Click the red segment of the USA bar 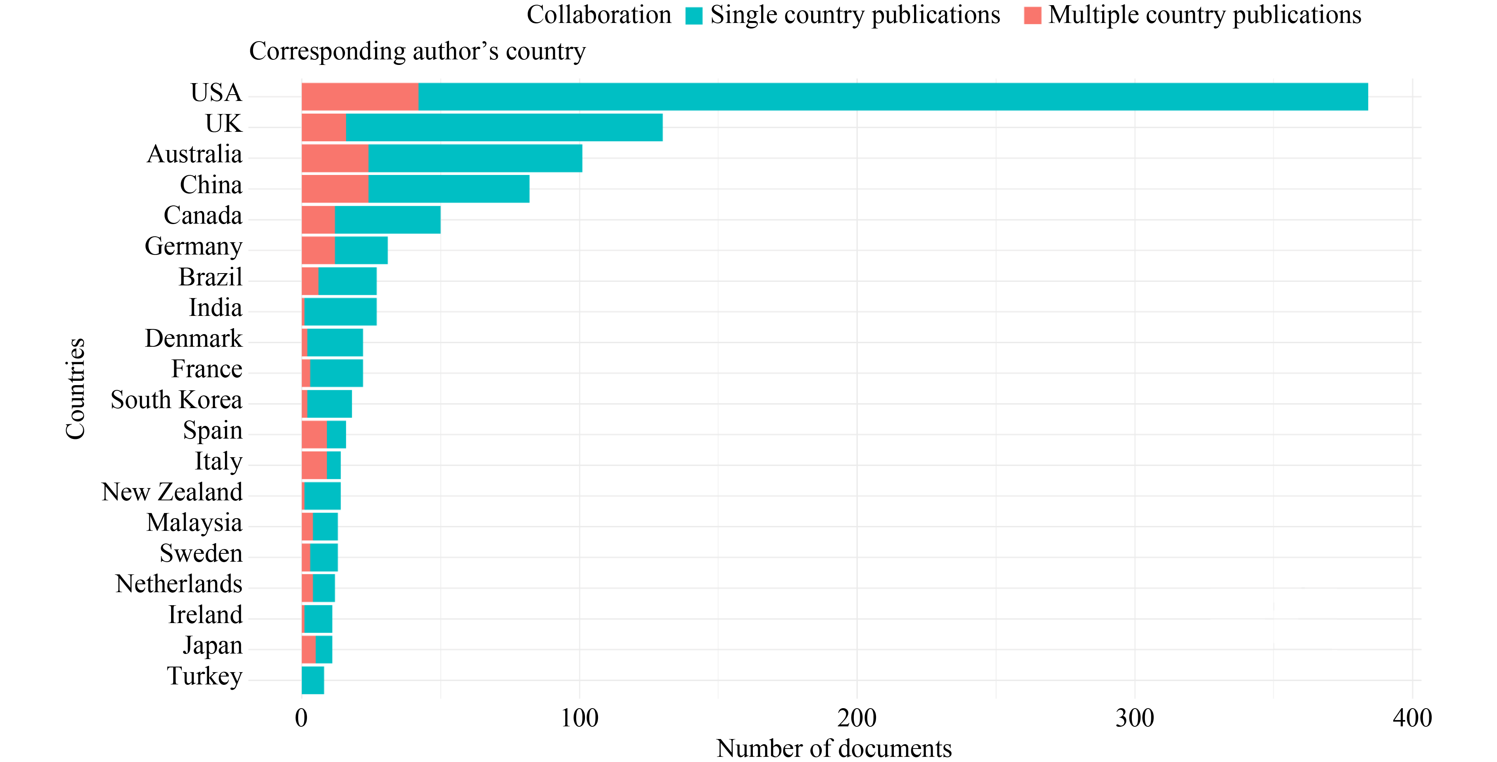click(360, 97)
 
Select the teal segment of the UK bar click(504, 127)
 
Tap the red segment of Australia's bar click(335, 158)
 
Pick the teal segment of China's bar click(449, 189)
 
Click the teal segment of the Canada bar click(388, 220)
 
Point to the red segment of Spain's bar click(314, 434)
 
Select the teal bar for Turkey click(312, 680)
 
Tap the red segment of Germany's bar click(318, 250)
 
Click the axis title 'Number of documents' click(834, 749)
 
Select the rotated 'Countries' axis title click(76, 389)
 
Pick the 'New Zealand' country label click(172, 492)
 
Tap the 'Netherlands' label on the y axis click(179, 584)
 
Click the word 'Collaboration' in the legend click(598, 15)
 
